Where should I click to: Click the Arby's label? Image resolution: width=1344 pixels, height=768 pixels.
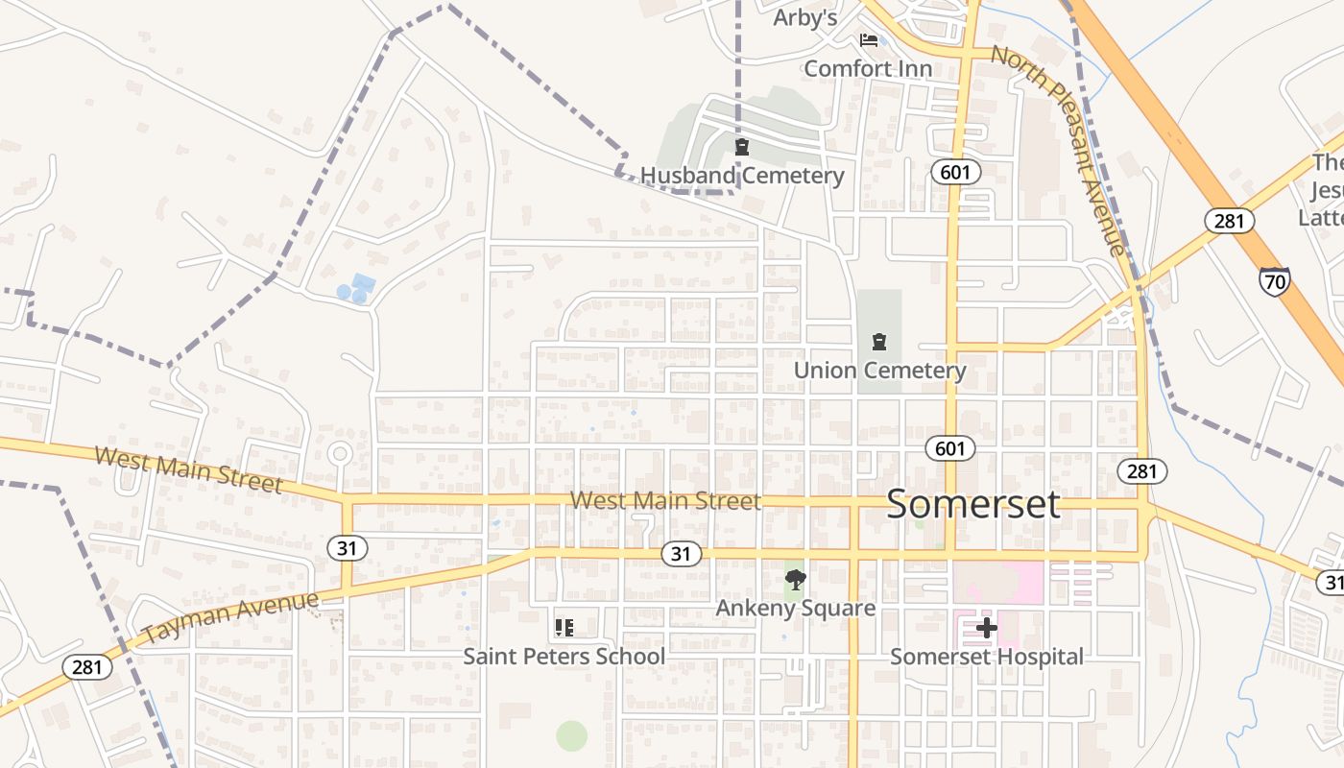pyautogui.click(x=805, y=18)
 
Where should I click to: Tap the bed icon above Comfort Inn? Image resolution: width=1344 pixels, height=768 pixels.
pyautogui.click(x=869, y=40)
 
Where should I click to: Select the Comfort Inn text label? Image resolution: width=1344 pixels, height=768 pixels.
pyautogui.click(x=868, y=68)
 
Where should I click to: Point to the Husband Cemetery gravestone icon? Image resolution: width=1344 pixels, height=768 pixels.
pyautogui.click(x=741, y=148)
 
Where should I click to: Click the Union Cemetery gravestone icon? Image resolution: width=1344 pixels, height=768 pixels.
pyautogui.click(x=878, y=342)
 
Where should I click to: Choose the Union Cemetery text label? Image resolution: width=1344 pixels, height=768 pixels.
pyautogui.click(x=879, y=371)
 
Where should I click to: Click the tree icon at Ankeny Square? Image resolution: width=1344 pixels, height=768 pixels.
pyautogui.click(x=795, y=580)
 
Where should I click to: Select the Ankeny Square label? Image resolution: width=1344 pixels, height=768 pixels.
pyautogui.click(x=796, y=608)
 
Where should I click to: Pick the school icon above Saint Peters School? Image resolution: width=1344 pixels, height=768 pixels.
pyautogui.click(x=564, y=628)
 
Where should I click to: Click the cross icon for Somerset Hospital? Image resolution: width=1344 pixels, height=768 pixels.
pyautogui.click(x=986, y=629)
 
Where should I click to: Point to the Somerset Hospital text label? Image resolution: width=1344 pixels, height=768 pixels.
pyautogui.click(x=986, y=657)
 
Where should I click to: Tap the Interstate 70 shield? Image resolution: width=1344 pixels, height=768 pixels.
pyautogui.click(x=1274, y=281)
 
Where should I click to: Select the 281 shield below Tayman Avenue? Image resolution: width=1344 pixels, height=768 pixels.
pyautogui.click(x=86, y=666)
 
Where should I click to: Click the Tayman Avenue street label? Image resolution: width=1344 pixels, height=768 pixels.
pyautogui.click(x=230, y=617)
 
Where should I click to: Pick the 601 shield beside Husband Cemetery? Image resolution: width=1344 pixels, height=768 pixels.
pyautogui.click(x=956, y=172)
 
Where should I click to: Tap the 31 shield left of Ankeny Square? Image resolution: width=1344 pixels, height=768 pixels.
pyautogui.click(x=681, y=554)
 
